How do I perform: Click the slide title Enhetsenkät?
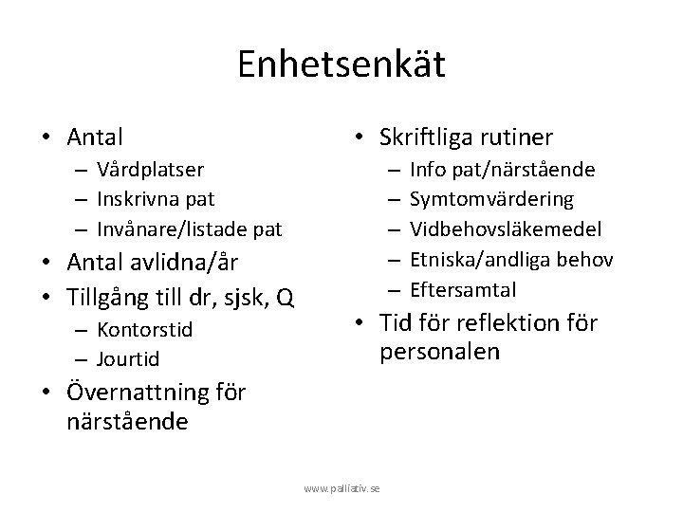[341, 64]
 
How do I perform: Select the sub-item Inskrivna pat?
[154, 199]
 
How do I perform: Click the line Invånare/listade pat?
[189, 229]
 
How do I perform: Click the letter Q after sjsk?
[284, 300]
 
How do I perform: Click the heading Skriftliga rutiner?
[466, 137]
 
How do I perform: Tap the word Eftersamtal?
[462, 288]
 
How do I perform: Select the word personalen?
[439, 353]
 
